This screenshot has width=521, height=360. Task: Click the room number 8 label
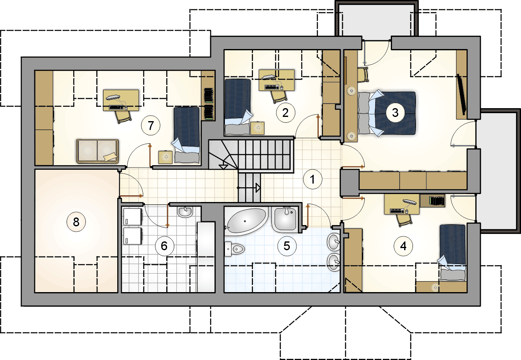[76, 222]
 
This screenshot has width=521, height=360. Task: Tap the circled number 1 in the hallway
[312, 179]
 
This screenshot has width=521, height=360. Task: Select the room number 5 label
[287, 246]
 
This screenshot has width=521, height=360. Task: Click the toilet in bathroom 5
[235, 249]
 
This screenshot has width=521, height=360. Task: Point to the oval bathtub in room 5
[246, 221]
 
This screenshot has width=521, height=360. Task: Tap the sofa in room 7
[98, 151]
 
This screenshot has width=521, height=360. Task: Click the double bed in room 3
[387, 113]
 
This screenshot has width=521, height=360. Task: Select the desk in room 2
[276, 80]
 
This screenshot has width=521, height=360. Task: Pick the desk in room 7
[121, 100]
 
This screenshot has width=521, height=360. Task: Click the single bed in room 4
[453, 252]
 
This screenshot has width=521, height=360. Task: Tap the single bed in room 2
[238, 107]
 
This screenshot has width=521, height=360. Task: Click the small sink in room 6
[185, 212]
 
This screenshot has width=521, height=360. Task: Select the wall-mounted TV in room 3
[462, 94]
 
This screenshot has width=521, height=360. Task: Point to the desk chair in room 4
[405, 220]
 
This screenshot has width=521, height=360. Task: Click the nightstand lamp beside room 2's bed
[258, 128]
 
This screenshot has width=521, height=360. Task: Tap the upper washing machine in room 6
[132, 216]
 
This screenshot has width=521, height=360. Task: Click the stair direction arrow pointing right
[249, 188]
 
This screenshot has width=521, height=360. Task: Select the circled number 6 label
[165, 246]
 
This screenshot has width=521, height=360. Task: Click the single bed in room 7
[186, 135]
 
